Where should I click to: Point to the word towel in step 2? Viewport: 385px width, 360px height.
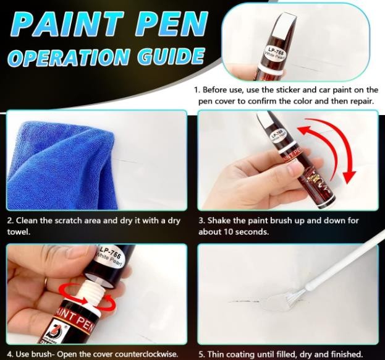tap(19, 232)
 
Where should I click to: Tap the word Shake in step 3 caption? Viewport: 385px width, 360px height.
tap(219, 220)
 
